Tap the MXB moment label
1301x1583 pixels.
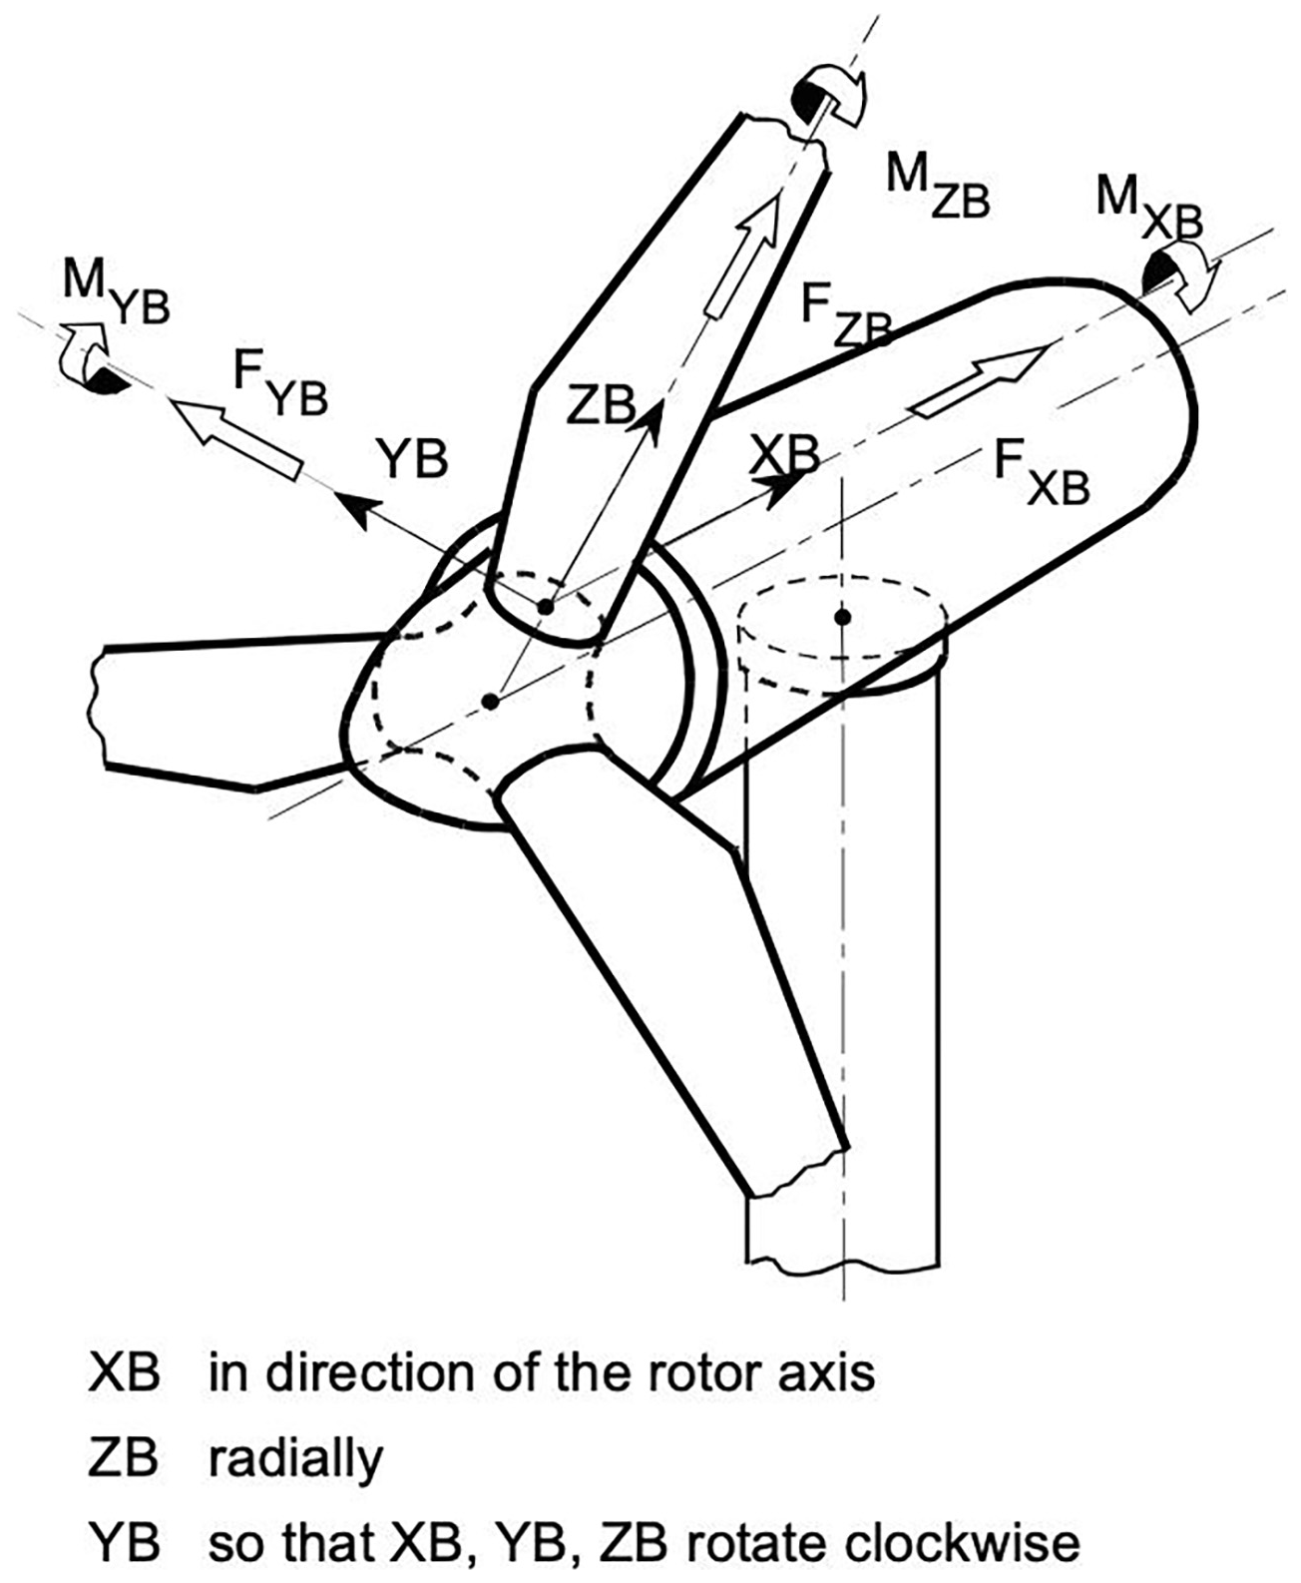(x=1147, y=205)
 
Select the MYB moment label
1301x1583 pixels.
(x=116, y=290)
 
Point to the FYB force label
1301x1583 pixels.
(x=280, y=384)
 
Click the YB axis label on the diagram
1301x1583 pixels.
(x=412, y=460)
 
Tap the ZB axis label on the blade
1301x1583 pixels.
(x=600, y=405)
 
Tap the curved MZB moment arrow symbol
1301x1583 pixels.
(x=827, y=95)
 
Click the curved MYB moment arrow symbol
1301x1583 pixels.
(x=91, y=357)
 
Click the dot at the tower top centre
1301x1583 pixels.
(x=843, y=617)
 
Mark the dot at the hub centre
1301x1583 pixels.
(x=490, y=702)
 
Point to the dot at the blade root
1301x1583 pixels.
(x=545, y=606)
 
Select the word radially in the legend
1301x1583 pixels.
(x=295, y=1459)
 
